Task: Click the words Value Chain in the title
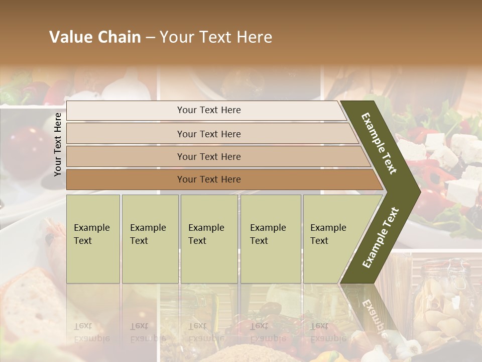(x=95, y=37)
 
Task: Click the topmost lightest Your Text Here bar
(x=208, y=110)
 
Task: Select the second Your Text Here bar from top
(x=208, y=134)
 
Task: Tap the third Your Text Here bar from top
(x=208, y=156)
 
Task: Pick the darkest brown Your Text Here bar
(x=208, y=179)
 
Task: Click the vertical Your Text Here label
(x=58, y=144)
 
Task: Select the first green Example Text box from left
(x=93, y=238)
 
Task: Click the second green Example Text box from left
(x=150, y=238)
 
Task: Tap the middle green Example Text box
(x=209, y=238)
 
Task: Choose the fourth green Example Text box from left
(x=270, y=238)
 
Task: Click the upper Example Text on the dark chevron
(x=379, y=143)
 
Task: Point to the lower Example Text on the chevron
(x=381, y=238)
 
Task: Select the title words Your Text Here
(x=216, y=37)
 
